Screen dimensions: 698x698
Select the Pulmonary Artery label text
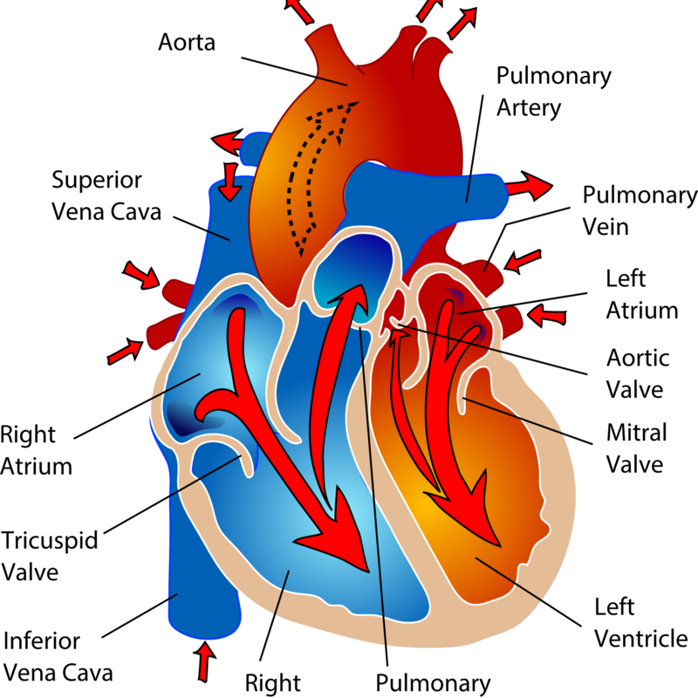point(553,92)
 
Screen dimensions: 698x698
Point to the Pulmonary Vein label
point(640,210)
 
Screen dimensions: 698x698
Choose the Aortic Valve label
point(639,372)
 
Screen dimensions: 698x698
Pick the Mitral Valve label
point(637,448)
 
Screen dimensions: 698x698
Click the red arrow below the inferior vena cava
point(205,662)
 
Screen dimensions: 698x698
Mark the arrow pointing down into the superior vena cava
point(230,179)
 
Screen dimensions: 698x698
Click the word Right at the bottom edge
point(273,681)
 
